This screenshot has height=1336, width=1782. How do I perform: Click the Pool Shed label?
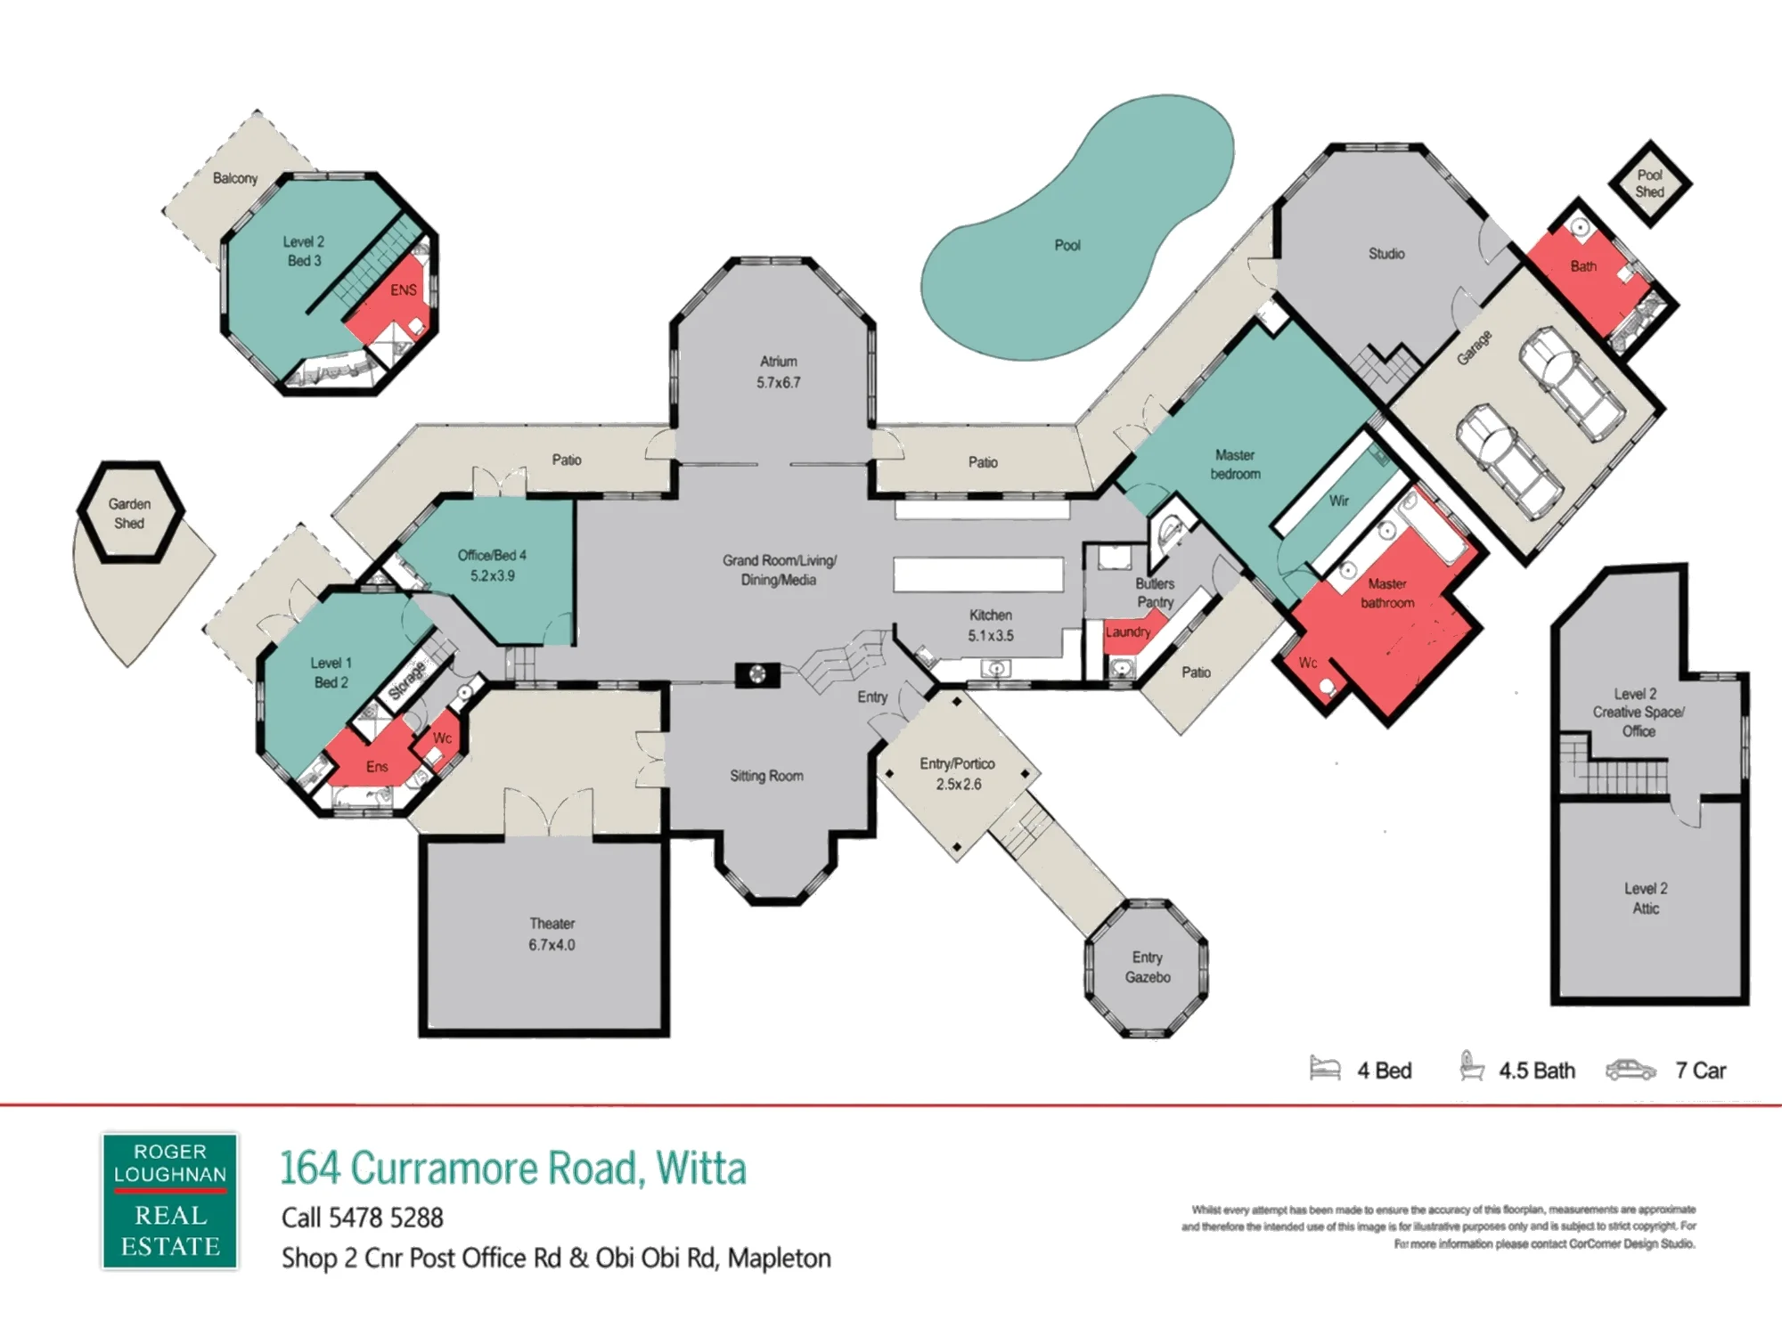1649,183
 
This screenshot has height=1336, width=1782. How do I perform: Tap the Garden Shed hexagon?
131,512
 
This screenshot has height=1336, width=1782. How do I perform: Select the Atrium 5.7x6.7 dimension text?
779,383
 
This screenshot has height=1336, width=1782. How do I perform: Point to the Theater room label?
552,924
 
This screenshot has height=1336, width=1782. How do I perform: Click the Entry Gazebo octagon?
1147,968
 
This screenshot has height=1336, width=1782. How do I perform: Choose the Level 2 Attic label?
1646,898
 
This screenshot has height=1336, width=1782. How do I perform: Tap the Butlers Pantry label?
1155,593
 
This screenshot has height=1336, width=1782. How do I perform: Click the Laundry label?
1128,631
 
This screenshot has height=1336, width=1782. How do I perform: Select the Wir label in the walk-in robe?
1338,501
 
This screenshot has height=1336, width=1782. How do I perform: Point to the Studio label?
1386,254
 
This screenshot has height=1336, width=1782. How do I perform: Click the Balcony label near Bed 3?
235,178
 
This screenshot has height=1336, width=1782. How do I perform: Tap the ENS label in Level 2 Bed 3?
403,290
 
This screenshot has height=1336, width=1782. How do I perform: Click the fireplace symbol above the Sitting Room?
757,675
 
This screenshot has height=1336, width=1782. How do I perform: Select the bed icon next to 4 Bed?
1325,1068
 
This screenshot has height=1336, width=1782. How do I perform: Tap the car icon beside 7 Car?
1631,1070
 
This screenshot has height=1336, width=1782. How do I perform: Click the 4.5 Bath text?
1537,1071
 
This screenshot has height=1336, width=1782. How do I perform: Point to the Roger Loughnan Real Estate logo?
169,1201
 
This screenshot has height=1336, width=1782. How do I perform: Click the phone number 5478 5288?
386,1218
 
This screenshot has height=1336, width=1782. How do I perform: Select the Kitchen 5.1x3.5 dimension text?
991,636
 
